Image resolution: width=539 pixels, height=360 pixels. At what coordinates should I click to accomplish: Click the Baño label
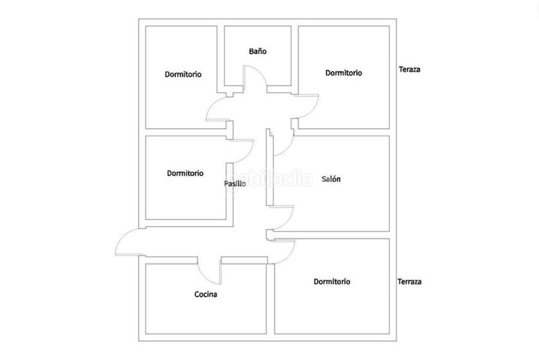coord(257,51)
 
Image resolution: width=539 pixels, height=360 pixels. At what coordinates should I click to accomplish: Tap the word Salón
coord(331,179)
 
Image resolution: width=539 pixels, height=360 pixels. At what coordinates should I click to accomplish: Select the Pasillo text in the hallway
coord(234,183)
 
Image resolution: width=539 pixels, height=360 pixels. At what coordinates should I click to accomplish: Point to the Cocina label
coord(205,295)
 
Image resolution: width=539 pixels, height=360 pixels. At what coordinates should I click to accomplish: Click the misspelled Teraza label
coord(410,69)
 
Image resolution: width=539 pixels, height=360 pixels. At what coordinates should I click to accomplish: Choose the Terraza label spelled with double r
coord(410,282)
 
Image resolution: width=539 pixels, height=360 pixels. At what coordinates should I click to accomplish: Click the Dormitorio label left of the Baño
coord(183,74)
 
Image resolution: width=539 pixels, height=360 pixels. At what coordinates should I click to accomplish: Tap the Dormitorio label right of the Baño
coord(344,73)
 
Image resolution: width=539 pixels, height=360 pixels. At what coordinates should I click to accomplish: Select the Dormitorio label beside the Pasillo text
coord(185,173)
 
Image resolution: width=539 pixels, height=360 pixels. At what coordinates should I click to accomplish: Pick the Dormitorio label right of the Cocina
coord(331,282)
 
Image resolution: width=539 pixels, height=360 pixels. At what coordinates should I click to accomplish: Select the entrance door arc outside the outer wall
coord(121,238)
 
